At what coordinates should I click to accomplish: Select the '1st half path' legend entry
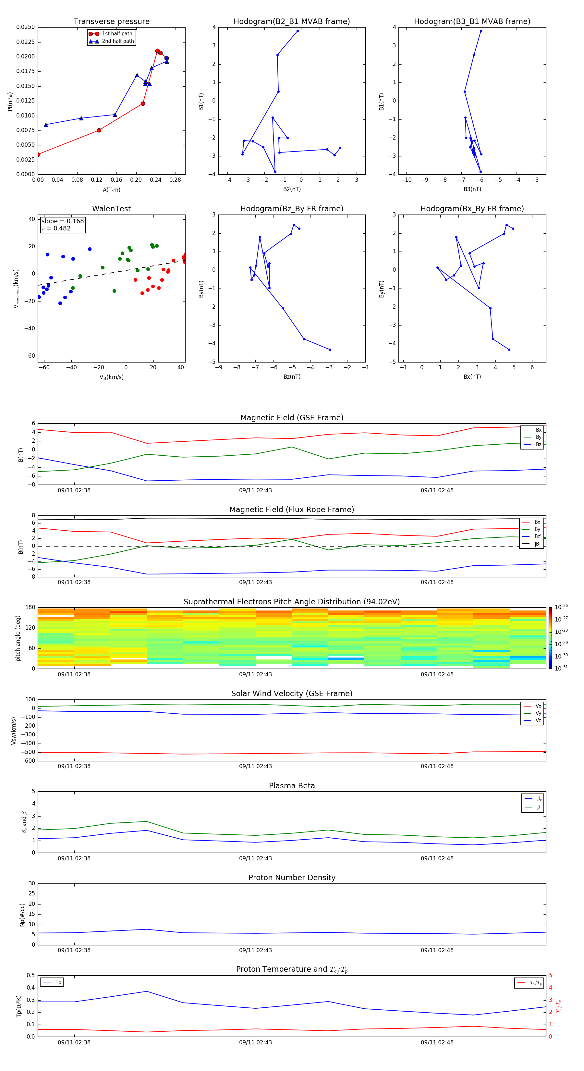[117, 34]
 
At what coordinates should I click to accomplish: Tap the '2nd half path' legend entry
[118, 41]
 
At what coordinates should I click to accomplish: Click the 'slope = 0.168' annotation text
[62, 221]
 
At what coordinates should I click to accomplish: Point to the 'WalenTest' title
[111, 209]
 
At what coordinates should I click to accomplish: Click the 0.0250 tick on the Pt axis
[26, 27]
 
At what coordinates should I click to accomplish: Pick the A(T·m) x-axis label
[111, 190]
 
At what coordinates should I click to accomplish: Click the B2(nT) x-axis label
[292, 189]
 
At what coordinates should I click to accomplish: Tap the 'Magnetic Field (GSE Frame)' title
[292, 418]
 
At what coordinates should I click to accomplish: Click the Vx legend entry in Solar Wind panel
[538, 706]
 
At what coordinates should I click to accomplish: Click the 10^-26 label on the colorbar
[561, 607]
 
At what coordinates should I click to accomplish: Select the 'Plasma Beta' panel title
[292, 786]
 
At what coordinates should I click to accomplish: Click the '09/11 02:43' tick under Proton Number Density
[255, 950]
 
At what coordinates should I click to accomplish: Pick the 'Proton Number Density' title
[292, 878]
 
